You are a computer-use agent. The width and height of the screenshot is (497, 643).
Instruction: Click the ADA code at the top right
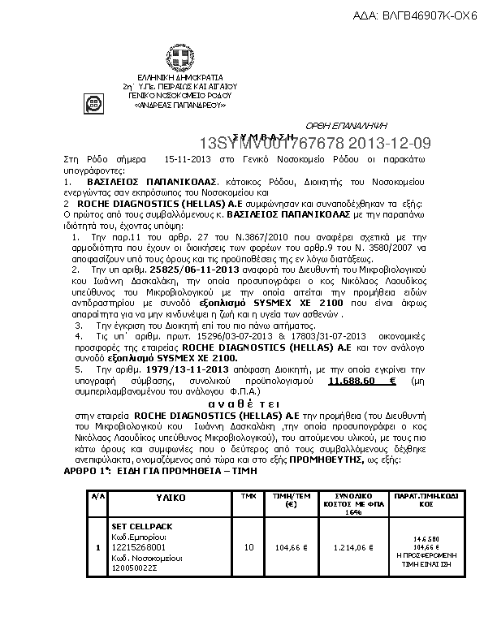click(415, 15)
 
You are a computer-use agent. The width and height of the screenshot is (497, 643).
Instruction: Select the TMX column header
click(249, 494)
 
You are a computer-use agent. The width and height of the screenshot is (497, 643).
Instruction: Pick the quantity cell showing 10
click(249, 547)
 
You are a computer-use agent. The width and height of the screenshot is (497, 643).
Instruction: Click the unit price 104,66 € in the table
click(291, 547)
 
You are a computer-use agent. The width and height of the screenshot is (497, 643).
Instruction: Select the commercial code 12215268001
click(136, 546)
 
